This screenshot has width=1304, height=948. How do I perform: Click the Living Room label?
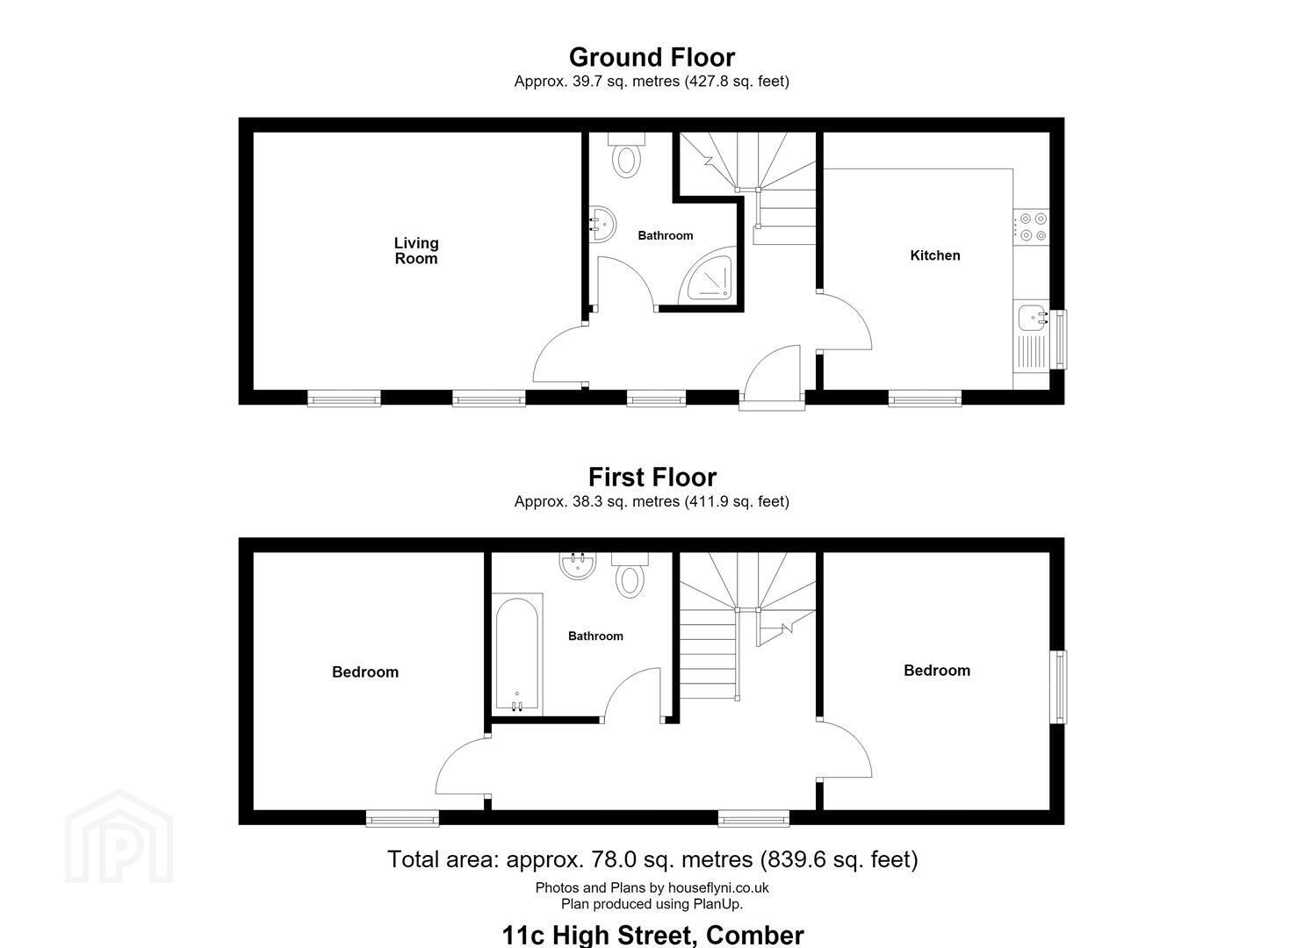click(415, 251)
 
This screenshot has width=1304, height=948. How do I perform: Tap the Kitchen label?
click(935, 255)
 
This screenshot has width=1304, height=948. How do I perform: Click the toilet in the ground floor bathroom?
click(626, 154)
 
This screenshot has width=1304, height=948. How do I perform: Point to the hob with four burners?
click(1033, 227)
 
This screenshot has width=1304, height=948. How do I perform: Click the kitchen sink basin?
click(1033, 318)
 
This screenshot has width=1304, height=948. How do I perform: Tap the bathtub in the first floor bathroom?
click(517, 655)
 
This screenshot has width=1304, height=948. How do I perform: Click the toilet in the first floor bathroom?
click(630, 575)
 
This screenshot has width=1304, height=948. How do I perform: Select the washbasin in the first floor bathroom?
click(578, 565)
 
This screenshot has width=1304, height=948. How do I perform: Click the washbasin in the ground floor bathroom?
click(602, 224)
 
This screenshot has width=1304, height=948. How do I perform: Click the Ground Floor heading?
click(652, 58)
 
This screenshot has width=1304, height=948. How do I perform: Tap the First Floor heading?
click(652, 478)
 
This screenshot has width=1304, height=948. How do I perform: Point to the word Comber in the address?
click(754, 935)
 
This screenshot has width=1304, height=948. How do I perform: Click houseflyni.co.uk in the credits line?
click(718, 888)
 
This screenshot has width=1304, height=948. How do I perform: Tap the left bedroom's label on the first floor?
click(365, 672)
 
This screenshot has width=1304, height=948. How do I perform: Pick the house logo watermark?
click(119, 837)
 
